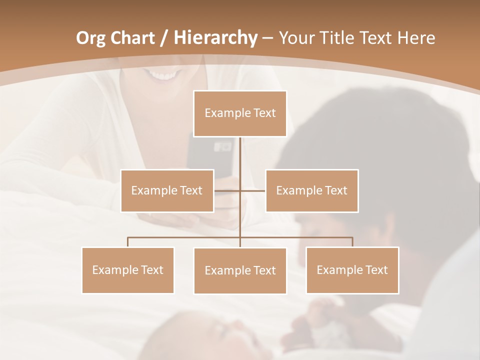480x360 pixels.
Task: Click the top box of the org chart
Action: pos(240,113)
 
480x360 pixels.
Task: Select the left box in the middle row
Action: pos(167,190)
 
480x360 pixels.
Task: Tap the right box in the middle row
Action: pos(311,190)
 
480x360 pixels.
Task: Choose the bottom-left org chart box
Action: pos(128,270)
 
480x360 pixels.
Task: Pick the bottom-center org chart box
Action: pos(240,270)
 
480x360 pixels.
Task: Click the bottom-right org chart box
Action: pos(352,270)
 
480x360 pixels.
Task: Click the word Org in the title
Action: pos(90,38)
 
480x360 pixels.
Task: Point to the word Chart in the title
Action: pos(133,38)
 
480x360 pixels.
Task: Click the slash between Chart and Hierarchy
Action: pos(164,38)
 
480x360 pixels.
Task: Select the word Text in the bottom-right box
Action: pos(376,270)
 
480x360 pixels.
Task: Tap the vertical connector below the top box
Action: pos(240,160)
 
